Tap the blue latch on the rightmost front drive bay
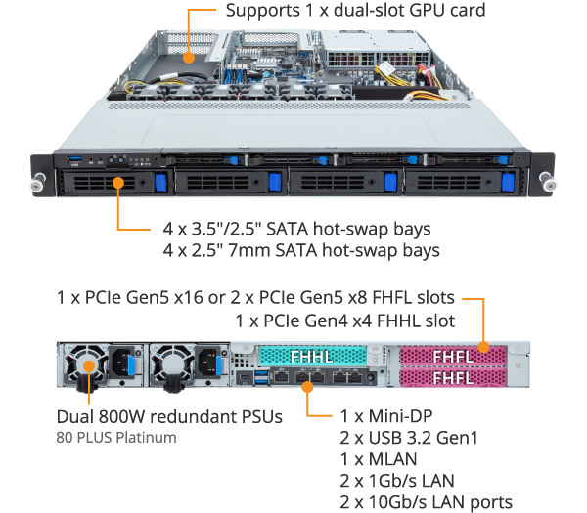coord(506,183)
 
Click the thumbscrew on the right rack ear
coord(547,179)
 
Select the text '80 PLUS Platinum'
coord(116,437)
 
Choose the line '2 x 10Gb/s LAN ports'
coord(426,502)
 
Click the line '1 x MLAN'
coord(378,459)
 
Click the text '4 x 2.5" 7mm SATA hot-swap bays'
coord(301,250)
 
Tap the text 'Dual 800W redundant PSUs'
coord(169,416)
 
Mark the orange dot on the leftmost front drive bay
coord(118,181)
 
